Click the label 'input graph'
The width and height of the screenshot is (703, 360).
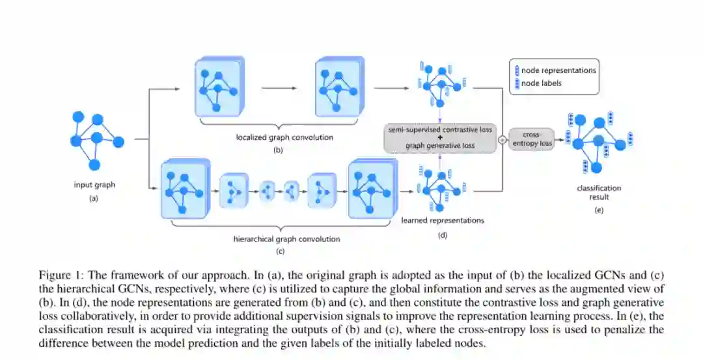coord(94,185)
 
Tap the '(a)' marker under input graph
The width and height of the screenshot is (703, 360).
coord(94,199)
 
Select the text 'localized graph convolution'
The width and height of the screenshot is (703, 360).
coord(275,137)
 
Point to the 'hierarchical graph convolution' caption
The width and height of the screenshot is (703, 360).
coord(286,239)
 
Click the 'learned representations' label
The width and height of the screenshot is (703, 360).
coord(443,220)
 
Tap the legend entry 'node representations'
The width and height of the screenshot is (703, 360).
coord(559,70)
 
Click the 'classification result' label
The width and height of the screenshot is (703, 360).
coord(600,192)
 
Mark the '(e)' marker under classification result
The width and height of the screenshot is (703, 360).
coord(599,210)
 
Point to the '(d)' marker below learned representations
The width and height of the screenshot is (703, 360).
coord(443,235)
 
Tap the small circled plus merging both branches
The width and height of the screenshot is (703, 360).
coord(502,139)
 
